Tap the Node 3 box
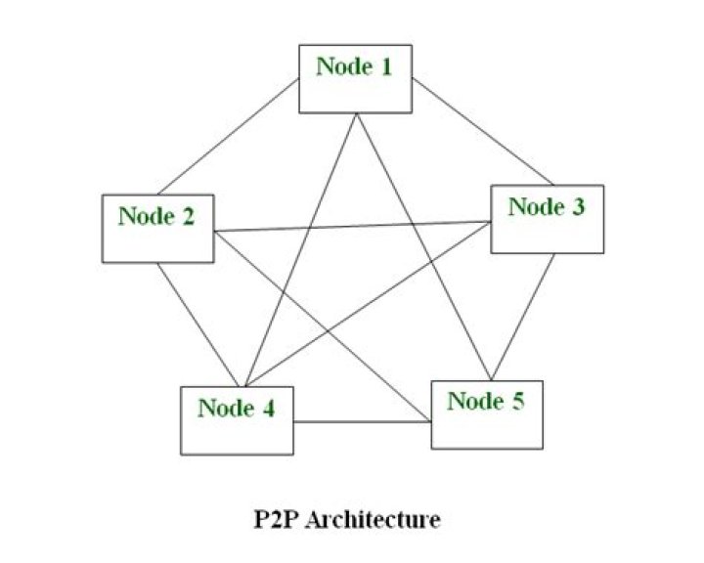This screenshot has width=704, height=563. [547, 219]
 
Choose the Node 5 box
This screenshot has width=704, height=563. [486, 413]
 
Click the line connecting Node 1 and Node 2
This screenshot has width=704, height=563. [226, 138]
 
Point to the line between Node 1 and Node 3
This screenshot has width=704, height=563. [482, 133]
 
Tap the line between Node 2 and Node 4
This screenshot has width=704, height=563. [198, 325]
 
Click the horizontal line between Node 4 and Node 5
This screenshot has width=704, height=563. [362, 422]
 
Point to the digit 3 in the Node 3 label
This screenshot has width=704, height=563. [578, 207]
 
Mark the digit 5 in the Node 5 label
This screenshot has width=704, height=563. [516, 402]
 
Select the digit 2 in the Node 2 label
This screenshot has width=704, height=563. [188, 217]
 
